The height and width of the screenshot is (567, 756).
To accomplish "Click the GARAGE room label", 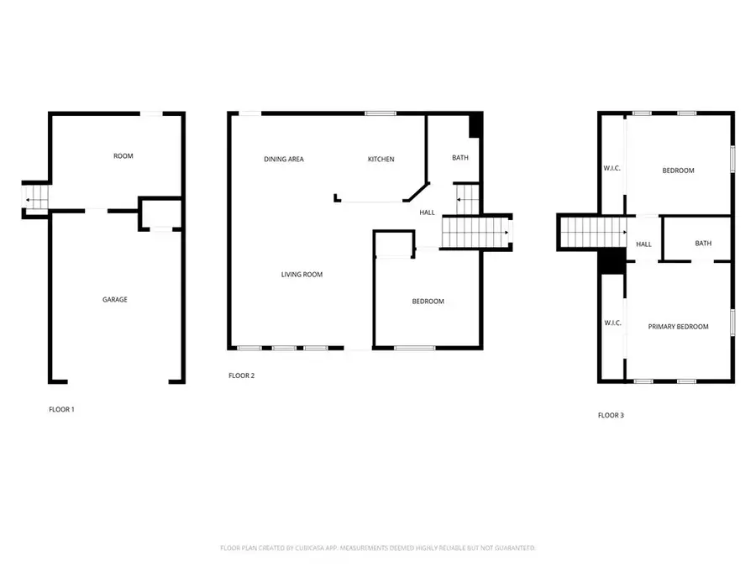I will point(115,299).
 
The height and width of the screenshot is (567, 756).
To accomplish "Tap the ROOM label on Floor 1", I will point(123,156).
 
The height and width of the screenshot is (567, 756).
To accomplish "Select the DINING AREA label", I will point(284,160).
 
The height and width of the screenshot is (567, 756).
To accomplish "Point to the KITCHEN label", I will point(381,160).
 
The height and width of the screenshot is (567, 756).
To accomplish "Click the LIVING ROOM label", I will point(302,275).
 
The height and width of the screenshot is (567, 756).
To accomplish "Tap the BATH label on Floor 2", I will point(460,158).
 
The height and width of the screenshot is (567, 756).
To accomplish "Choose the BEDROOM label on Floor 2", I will point(428,302).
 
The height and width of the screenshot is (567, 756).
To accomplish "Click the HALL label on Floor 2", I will point(428,213).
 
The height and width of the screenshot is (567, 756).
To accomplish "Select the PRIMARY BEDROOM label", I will point(678,327).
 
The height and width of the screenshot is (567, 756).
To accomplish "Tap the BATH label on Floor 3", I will point(703,244).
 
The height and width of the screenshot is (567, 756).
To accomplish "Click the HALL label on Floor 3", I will point(644,244).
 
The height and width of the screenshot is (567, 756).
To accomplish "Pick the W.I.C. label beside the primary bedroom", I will point(612,323).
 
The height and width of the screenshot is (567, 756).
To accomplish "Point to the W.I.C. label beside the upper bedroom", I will point(612,169).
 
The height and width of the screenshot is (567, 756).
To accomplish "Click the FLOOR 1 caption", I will point(61,410).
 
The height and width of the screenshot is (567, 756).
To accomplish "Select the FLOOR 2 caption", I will point(241,375).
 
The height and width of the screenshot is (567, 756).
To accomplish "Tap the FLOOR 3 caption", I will point(611,415).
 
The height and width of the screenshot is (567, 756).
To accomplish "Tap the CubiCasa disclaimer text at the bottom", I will point(377,548).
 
